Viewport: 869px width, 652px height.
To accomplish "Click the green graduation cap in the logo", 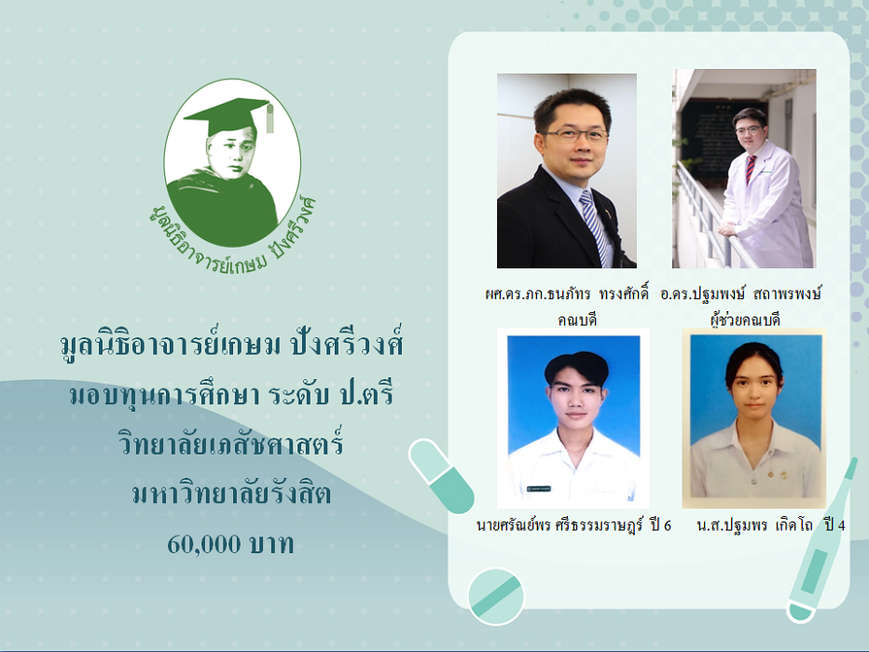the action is pyautogui.click(x=228, y=115).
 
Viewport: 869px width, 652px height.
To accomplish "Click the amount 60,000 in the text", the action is pyautogui.click(x=204, y=545).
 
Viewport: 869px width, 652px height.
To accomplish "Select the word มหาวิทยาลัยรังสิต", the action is pyautogui.click(x=231, y=493).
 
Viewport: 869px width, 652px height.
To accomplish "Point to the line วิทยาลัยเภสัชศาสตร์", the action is pyautogui.click(x=231, y=443).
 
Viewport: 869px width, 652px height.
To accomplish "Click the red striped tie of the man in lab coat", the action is pyautogui.click(x=750, y=169).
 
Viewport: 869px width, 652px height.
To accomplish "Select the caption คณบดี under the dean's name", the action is pyautogui.click(x=577, y=319).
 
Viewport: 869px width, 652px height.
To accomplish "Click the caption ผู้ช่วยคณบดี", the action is pyautogui.click(x=745, y=319).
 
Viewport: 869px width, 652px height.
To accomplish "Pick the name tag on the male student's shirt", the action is pyautogui.click(x=539, y=489).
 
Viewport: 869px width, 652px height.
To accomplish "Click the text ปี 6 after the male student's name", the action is pyautogui.click(x=661, y=524).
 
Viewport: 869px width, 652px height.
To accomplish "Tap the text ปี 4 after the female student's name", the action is pyautogui.click(x=835, y=524).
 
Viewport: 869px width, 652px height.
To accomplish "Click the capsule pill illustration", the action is pyautogui.click(x=441, y=475).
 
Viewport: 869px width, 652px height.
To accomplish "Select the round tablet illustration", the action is pyautogui.click(x=495, y=597).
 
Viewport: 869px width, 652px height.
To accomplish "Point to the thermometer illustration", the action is pyautogui.click(x=821, y=542).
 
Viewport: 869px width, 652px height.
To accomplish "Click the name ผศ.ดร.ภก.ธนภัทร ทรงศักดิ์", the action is pyautogui.click(x=566, y=293).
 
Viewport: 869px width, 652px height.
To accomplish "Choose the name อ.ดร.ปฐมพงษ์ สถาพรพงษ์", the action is pyautogui.click(x=741, y=293).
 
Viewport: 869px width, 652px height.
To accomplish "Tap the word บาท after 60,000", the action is pyautogui.click(x=271, y=545).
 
